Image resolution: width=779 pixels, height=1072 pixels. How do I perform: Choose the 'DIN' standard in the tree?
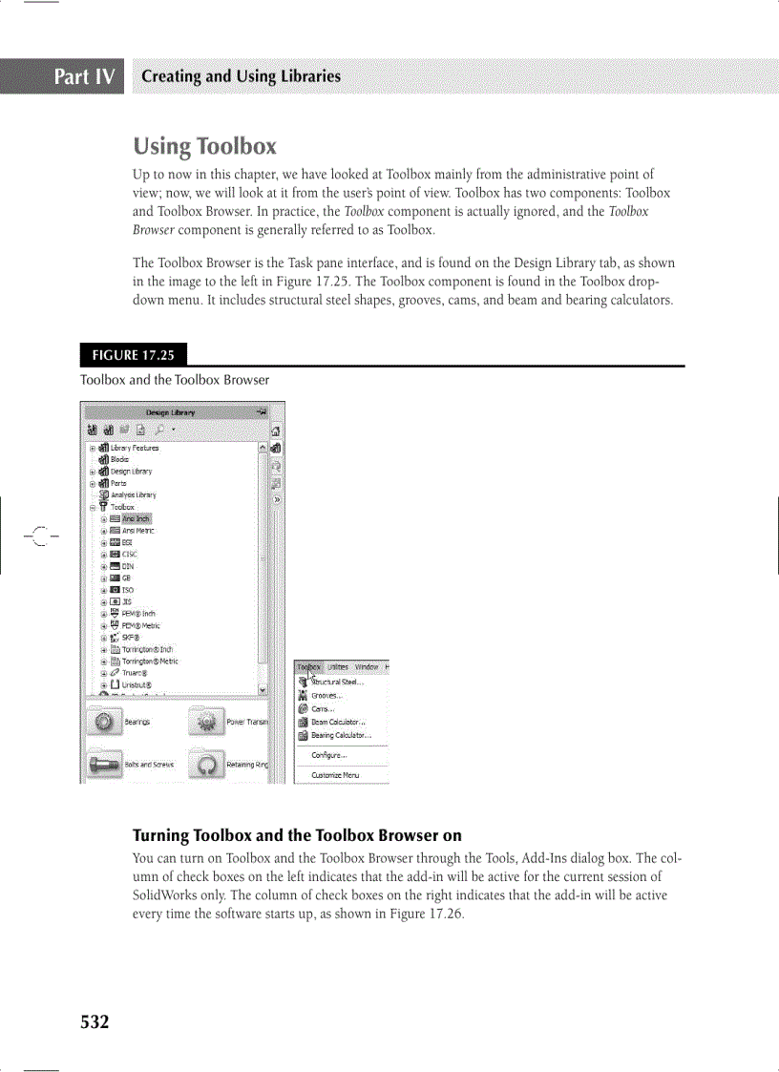coord(128,566)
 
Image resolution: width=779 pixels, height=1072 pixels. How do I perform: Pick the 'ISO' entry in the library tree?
coord(128,590)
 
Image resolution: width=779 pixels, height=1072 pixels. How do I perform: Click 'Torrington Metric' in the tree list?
coord(149,661)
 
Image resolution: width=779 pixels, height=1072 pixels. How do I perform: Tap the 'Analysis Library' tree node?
coord(133,494)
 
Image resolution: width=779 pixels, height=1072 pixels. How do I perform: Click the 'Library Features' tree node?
coord(134,448)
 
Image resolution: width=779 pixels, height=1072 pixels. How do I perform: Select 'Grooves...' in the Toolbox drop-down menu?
coord(326,696)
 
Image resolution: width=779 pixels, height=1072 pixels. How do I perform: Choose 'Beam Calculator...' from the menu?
coord(338,723)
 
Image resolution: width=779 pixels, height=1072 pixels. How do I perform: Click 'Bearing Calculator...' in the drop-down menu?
coord(341,735)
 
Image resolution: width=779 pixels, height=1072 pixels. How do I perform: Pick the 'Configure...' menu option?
coord(328,755)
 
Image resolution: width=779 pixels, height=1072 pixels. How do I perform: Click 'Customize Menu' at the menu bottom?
coord(335,775)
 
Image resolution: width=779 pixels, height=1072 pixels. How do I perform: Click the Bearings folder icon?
coord(103,723)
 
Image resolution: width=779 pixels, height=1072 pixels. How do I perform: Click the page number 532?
coord(95,1022)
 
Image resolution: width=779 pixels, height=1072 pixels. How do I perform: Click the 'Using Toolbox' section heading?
coord(205,146)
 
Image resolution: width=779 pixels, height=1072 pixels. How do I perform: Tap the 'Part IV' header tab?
coord(85,76)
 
